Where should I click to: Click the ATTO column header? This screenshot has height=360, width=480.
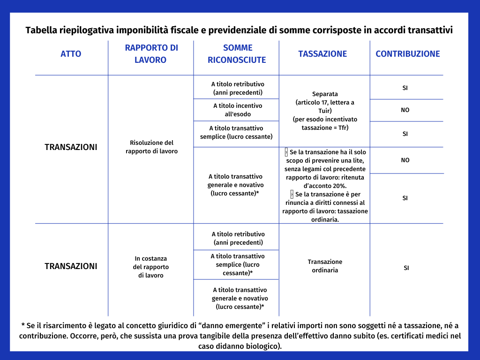pos(71,53)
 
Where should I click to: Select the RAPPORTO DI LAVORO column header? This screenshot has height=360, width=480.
pos(151,53)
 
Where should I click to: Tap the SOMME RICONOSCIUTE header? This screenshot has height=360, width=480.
pos(237,53)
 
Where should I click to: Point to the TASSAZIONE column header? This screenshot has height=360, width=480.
pos(322,53)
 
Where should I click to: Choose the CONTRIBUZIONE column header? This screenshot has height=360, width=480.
pos(407,53)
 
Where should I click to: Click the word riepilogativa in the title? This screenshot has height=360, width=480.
pos(88,31)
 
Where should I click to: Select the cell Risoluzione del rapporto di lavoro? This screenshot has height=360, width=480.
pos(151,147)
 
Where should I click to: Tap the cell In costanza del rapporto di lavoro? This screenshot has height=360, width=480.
pos(151,267)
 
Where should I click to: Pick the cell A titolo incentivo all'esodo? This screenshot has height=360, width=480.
pos(238,110)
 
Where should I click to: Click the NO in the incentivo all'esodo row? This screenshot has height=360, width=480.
pos(405,110)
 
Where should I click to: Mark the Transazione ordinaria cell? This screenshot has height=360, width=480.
pos(325,266)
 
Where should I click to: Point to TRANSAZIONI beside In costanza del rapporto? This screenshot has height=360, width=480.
pos(71,266)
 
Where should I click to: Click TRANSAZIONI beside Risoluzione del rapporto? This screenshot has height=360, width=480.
pos(71,147)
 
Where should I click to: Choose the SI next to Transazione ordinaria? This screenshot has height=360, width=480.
pos(406,268)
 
